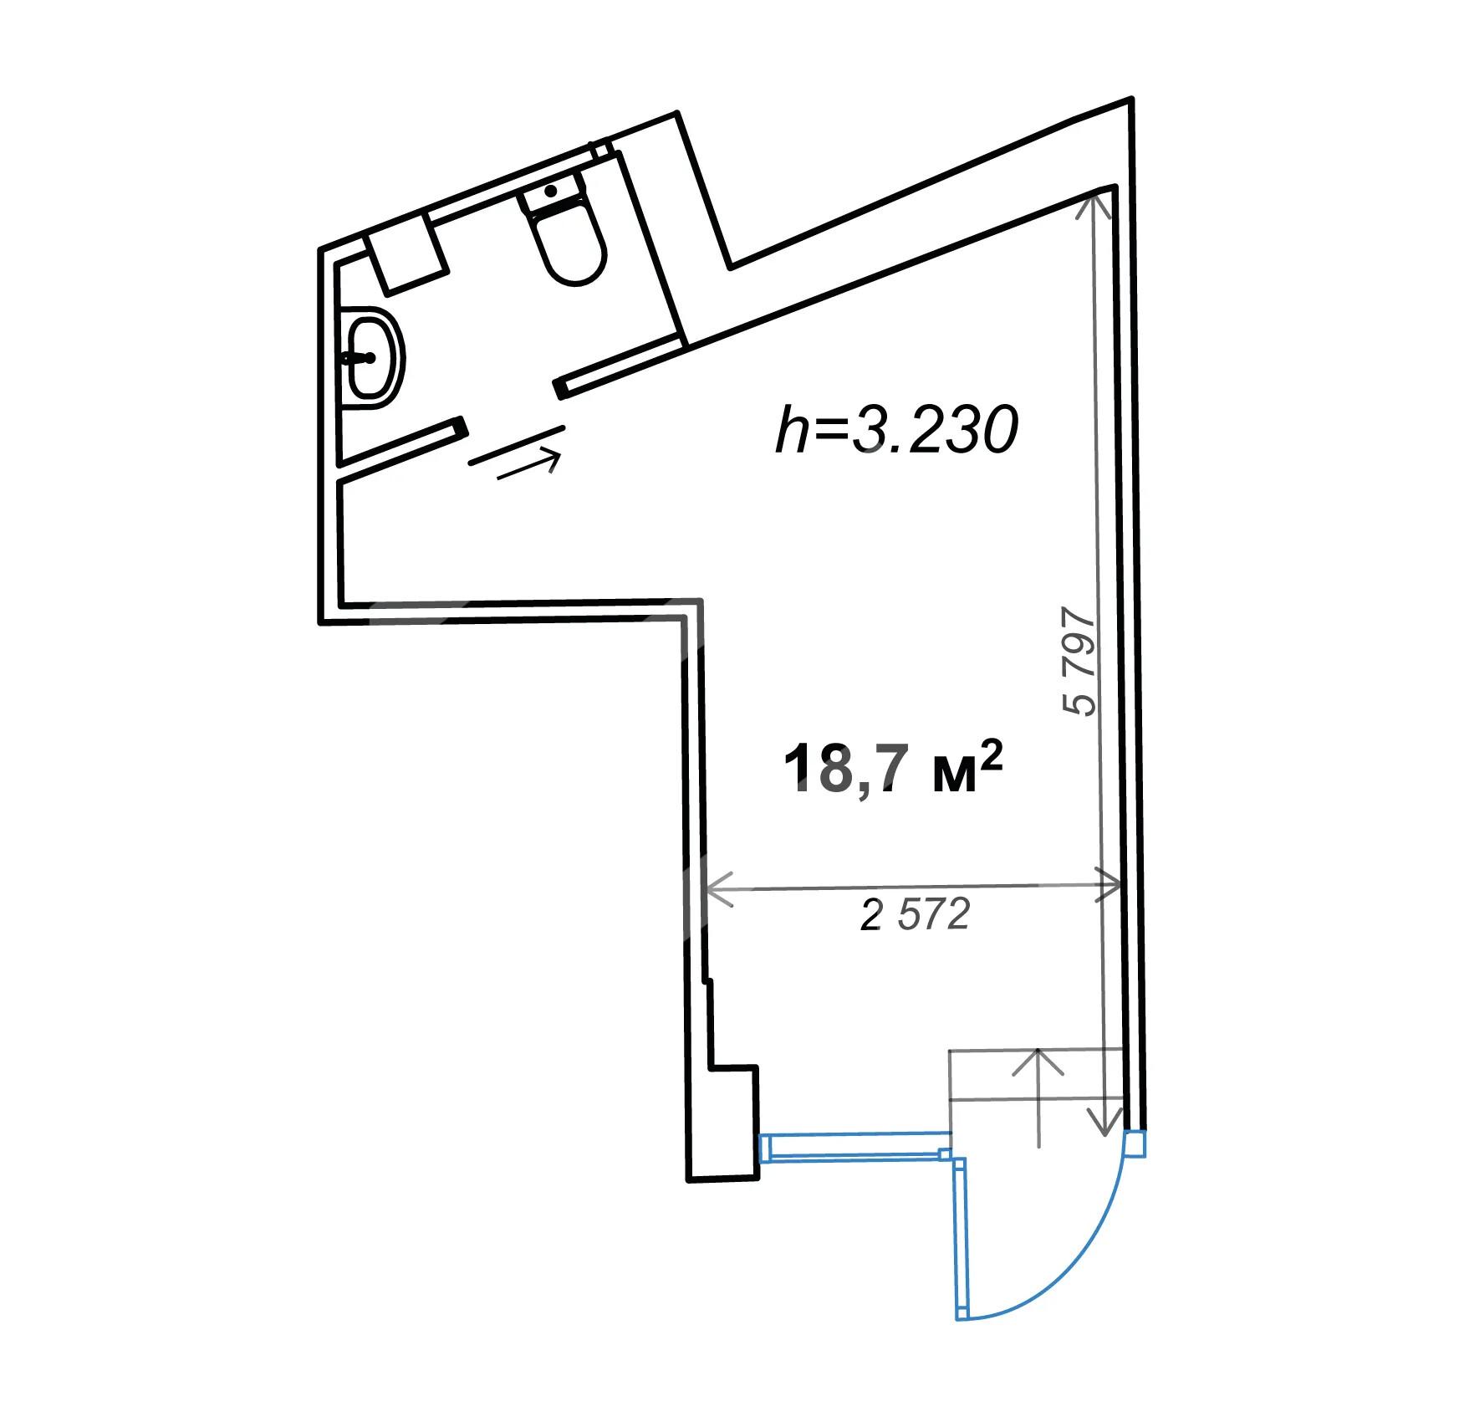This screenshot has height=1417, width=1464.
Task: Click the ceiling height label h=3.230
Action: click(x=896, y=430)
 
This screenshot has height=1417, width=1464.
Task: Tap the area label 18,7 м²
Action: click(x=892, y=770)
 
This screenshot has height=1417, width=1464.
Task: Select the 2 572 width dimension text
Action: click(x=916, y=916)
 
